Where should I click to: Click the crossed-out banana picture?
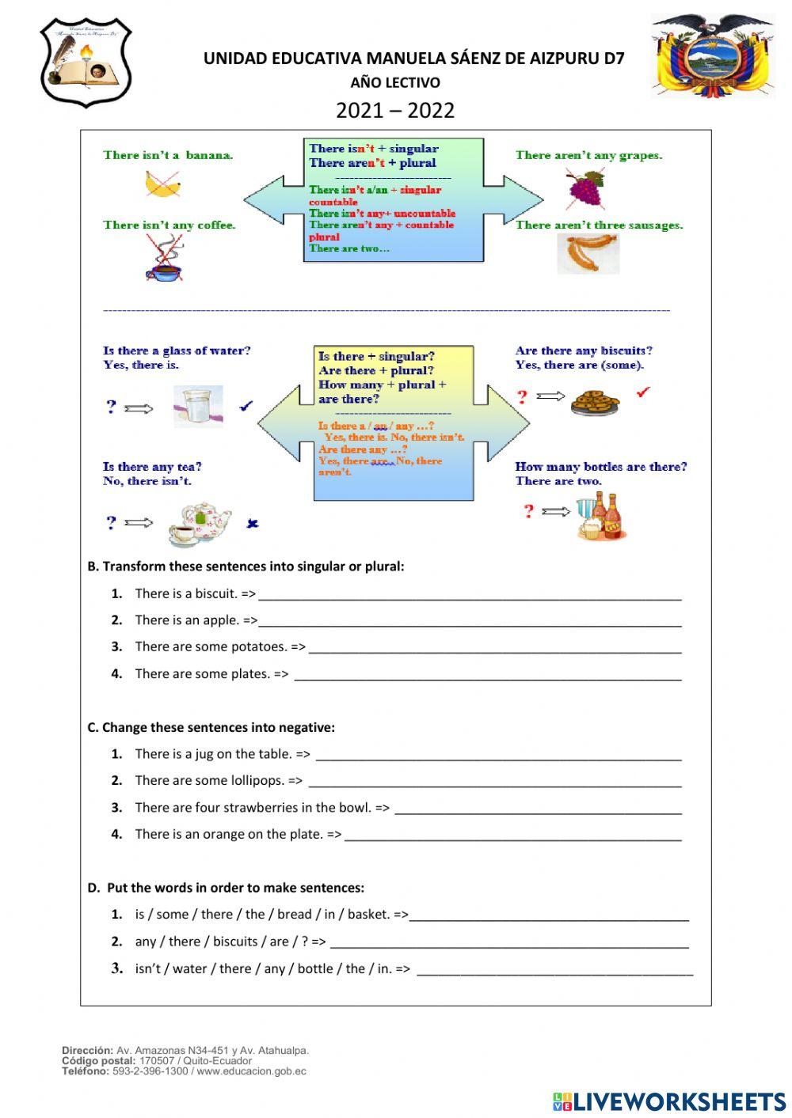(x=162, y=184)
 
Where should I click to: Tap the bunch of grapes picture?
(x=585, y=189)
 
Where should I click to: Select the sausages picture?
(x=588, y=254)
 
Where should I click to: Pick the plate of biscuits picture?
(x=595, y=401)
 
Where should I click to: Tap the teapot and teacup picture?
(x=200, y=523)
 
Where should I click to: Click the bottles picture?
(x=600, y=516)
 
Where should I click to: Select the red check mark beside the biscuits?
(x=644, y=392)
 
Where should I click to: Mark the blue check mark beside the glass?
(x=246, y=406)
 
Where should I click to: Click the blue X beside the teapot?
(x=253, y=523)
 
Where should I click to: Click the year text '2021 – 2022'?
(x=395, y=110)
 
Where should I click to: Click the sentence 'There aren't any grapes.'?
(x=588, y=155)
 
